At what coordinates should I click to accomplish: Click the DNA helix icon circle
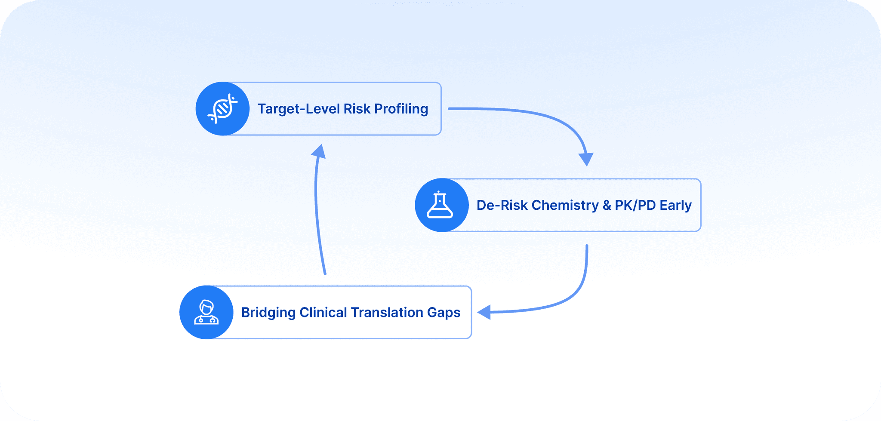pyautogui.click(x=222, y=109)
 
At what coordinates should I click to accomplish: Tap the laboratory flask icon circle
pyautogui.click(x=441, y=205)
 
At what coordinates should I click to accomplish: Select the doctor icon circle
pyautogui.click(x=206, y=312)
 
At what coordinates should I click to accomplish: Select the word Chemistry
pyautogui.click(x=565, y=206)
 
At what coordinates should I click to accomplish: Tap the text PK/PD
pyautogui.click(x=635, y=205)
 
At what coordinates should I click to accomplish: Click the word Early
pyautogui.click(x=675, y=205)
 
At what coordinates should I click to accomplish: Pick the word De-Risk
pyautogui.click(x=502, y=205)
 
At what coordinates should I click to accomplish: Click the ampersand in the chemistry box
pyautogui.click(x=607, y=205)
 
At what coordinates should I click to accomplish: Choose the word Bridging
pyautogui.click(x=268, y=313)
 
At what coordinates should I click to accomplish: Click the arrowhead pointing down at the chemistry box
pyautogui.click(x=586, y=159)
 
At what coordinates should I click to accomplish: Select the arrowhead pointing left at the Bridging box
pyautogui.click(x=485, y=312)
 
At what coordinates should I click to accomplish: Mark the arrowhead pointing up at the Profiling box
pyautogui.click(x=319, y=151)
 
